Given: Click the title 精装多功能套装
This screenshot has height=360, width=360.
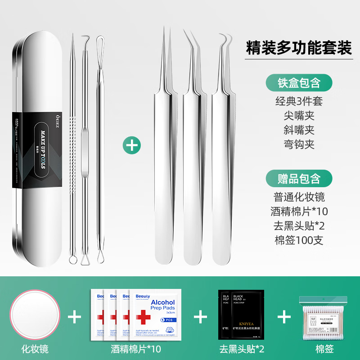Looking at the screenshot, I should [x=299, y=48].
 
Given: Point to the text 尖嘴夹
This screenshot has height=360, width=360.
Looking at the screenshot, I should [x=299, y=115].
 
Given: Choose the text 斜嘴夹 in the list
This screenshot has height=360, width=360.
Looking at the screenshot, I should [x=299, y=130].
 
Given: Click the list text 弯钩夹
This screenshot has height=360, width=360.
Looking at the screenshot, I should [x=299, y=144].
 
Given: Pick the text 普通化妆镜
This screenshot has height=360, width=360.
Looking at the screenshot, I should [x=299, y=197].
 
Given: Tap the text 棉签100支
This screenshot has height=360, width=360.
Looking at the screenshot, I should [x=299, y=240].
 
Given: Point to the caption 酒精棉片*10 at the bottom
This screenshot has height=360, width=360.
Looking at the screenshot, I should [x=136, y=348].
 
